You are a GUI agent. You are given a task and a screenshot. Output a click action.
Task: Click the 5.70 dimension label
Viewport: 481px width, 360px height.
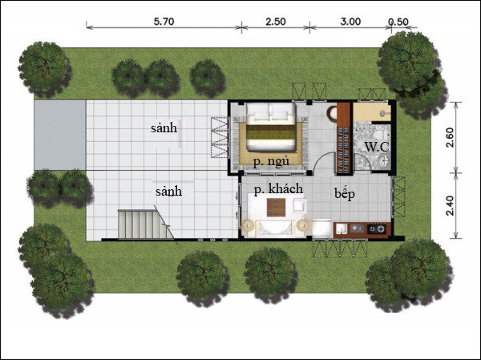pyautogui.click(x=163, y=22)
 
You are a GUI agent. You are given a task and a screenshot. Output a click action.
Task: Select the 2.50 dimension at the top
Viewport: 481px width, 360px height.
pyautogui.click(x=275, y=22)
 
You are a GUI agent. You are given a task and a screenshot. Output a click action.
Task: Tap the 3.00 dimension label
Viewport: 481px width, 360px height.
pyautogui.click(x=350, y=22)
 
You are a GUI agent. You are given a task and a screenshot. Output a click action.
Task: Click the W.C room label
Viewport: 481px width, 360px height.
pyautogui.click(x=376, y=147)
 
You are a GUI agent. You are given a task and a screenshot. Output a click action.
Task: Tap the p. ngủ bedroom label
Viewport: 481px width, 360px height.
pyautogui.click(x=270, y=161)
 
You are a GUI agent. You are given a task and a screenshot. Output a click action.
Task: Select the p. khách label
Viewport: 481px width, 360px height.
pyautogui.click(x=279, y=190)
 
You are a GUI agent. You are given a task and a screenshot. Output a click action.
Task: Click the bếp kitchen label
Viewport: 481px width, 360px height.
pyautogui.click(x=346, y=194)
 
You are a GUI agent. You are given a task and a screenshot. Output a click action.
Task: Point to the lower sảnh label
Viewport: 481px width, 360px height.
pyautogui.click(x=168, y=192)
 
